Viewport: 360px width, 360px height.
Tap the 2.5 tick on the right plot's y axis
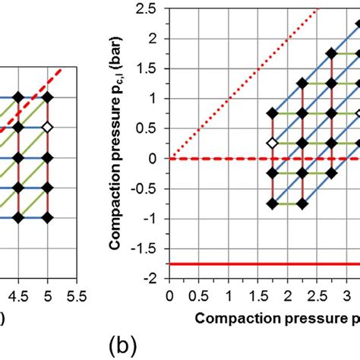pyautogui.click(x=152, y=8)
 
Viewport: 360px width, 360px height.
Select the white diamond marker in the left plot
pyautogui.click(x=47, y=127)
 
